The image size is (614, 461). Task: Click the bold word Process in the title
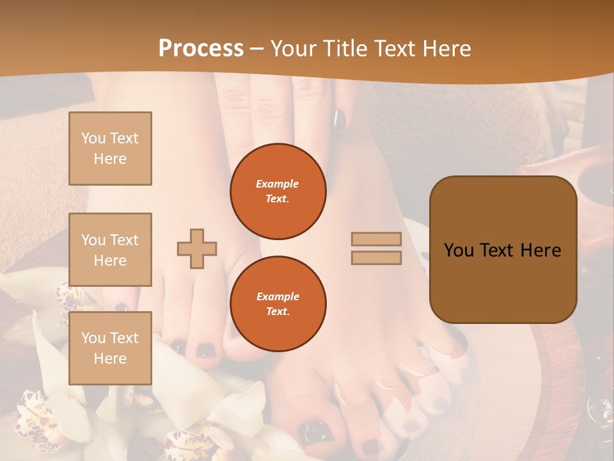coord(201,48)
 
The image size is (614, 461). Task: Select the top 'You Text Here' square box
coord(110,149)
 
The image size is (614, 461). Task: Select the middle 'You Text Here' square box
coord(110,250)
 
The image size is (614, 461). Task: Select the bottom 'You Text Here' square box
coord(110,348)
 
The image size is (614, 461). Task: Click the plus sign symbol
coord(197,248)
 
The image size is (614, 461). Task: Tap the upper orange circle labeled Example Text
coord(278,191)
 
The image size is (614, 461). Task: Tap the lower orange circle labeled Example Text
coord(278,303)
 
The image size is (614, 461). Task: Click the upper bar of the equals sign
coord(376,239)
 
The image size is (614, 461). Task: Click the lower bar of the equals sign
coord(376,257)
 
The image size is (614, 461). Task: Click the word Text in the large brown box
coord(502,250)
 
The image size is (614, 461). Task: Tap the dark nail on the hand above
coord(339,119)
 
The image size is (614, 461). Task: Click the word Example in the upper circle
coord(278,184)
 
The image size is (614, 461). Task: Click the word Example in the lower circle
coord(278,296)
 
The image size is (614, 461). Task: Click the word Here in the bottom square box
coord(110,359)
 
